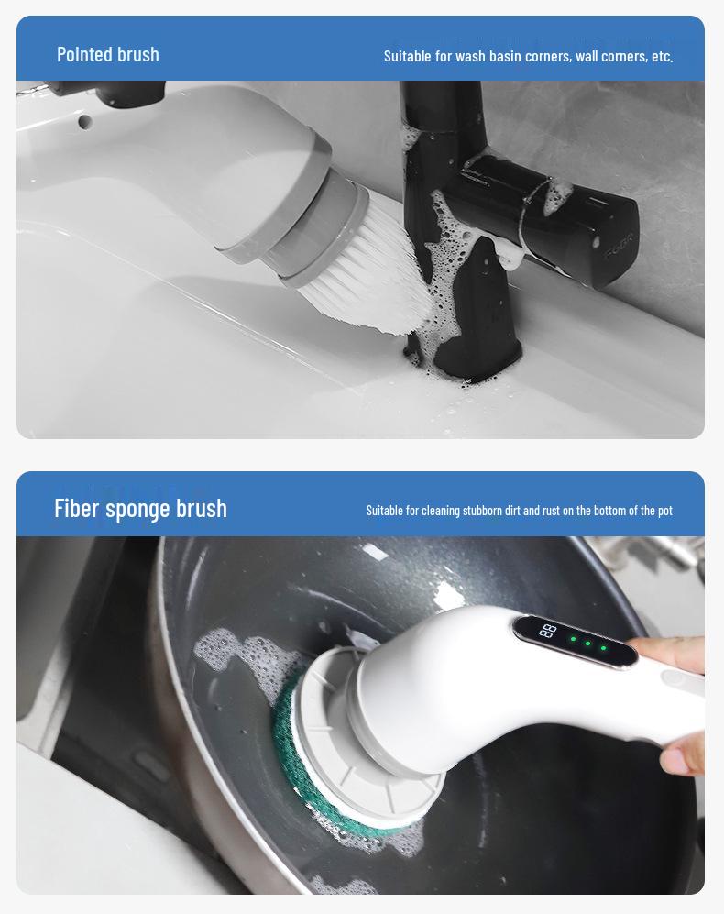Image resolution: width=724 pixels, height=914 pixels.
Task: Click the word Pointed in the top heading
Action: click(x=81, y=54)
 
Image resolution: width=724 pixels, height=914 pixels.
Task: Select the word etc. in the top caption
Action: click(x=662, y=56)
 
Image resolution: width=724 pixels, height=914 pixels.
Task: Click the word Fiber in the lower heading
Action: click(x=76, y=508)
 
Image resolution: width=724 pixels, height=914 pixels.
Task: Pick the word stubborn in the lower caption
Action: click(x=482, y=511)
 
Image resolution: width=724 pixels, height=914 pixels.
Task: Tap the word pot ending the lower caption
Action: click(x=664, y=511)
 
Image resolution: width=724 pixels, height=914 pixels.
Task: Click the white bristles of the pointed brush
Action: click(x=367, y=266)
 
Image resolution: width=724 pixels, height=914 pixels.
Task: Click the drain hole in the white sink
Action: click(x=84, y=120)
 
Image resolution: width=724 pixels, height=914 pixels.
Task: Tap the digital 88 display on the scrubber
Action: click(x=548, y=631)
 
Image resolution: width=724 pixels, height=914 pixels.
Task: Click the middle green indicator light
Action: click(x=587, y=644)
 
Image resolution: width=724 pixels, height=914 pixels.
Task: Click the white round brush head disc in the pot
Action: click(x=367, y=733)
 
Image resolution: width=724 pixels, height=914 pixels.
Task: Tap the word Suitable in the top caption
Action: click(x=408, y=56)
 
